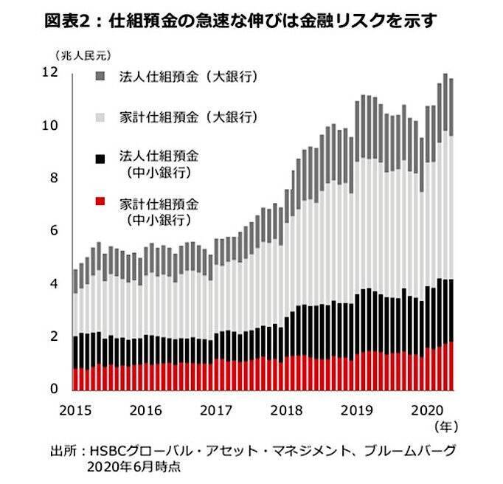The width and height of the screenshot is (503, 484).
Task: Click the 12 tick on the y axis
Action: (x=50, y=72)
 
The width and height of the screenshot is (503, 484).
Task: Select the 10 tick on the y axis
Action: (x=50, y=125)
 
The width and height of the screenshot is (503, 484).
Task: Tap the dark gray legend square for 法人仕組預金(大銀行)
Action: (x=101, y=76)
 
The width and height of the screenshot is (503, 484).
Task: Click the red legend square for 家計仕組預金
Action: (x=101, y=201)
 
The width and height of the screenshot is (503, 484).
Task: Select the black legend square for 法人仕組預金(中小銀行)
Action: (x=101, y=156)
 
